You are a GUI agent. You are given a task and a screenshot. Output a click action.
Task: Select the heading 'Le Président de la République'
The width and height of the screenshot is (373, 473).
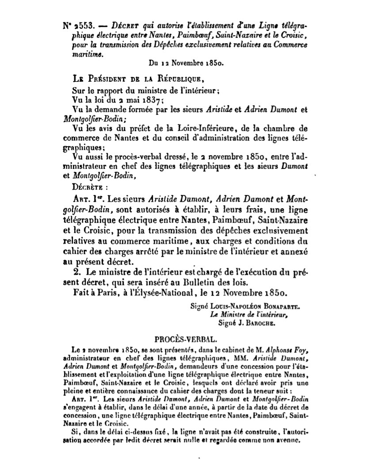pos(137,80)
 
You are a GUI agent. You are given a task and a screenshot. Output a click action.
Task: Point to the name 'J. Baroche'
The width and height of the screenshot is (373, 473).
pos(256,323)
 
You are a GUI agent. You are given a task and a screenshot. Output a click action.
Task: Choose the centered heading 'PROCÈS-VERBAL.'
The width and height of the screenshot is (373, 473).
pos(186,340)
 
